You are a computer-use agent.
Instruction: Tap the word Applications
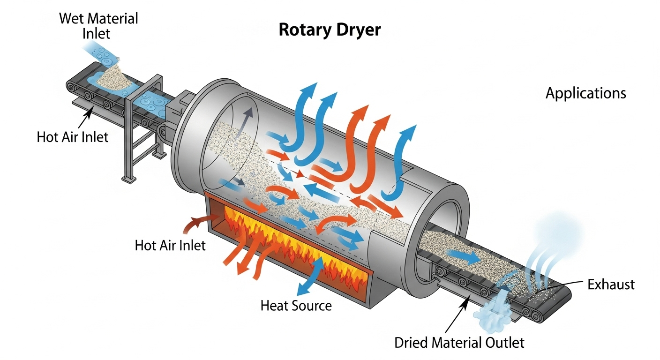click(x=585, y=93)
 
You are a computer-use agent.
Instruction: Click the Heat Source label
click(x=296, y=306)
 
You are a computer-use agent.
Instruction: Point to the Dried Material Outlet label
click(x=459, y=343)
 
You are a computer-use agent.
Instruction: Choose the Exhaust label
click(x=610, y=284)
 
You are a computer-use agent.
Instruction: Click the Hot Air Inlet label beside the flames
click(x=170, y=245)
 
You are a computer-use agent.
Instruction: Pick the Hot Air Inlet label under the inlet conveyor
click(x=72, y=137)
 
